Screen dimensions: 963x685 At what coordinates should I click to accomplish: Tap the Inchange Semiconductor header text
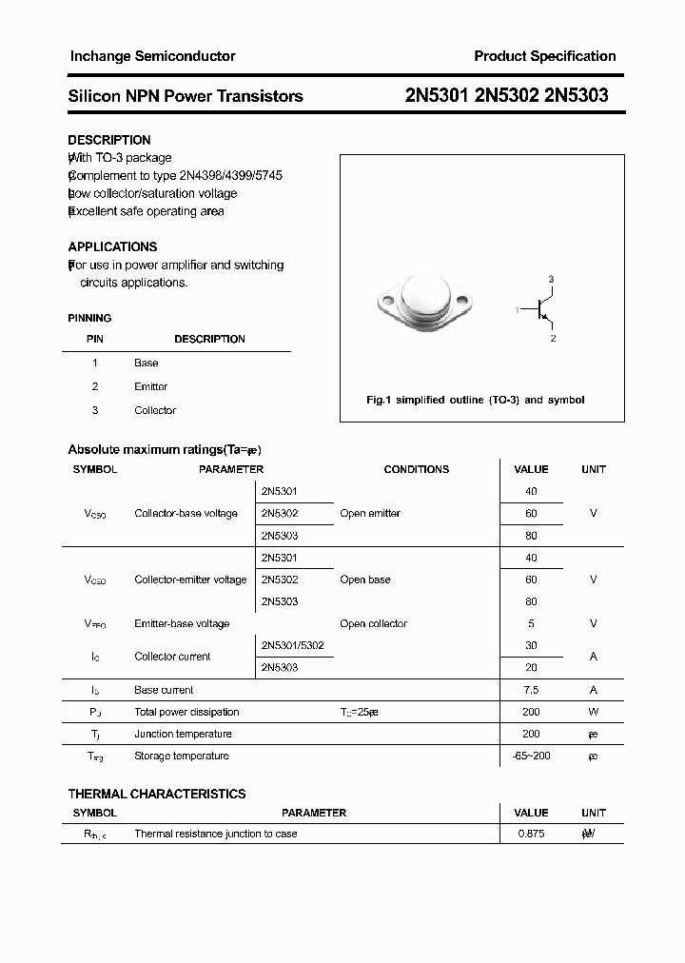(152, 56)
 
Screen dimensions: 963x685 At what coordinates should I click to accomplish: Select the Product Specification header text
(545, 56)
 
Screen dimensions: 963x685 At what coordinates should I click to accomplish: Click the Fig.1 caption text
(476, 400)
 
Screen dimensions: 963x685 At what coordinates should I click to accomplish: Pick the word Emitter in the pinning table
(151, 386)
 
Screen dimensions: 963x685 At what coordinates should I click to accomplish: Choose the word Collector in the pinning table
(155, 410)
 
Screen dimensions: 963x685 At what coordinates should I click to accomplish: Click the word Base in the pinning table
(147, 363)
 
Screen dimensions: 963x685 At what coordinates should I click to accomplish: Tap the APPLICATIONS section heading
(112, 246)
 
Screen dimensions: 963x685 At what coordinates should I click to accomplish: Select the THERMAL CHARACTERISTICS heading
(157, 794)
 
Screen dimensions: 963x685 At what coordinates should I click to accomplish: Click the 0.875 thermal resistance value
(531, 834)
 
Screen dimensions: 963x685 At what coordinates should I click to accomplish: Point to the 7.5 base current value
(531, 690)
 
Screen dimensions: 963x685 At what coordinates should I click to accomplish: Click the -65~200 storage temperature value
(531, 756)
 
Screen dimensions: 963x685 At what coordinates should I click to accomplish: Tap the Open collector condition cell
(373, 623)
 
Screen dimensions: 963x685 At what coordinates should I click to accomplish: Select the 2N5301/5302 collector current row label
(292, 645)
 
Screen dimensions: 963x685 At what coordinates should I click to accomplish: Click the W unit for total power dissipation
(594, 712)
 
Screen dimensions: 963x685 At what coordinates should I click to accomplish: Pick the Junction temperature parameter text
(184, 734)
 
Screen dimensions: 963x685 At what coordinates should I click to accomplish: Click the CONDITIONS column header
(416, 469)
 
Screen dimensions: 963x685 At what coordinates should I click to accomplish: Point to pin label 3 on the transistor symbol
(551, 279)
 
